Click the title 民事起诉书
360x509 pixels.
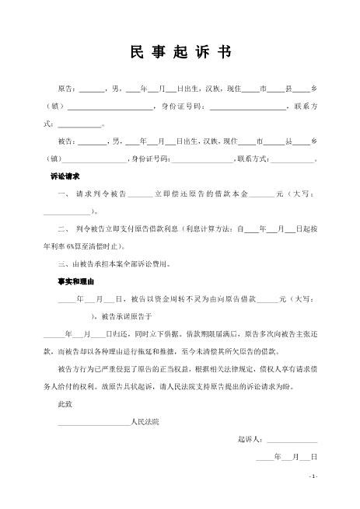coord(180,51)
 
